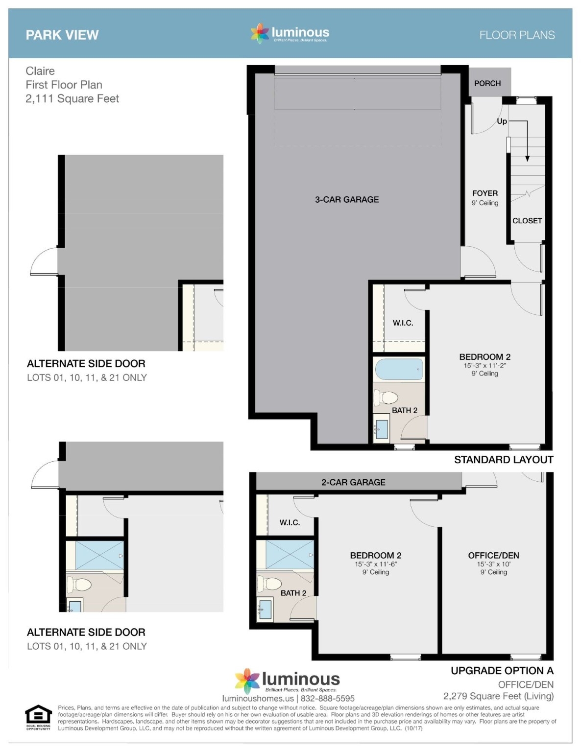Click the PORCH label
click(487, 83)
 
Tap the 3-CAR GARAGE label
click(347, 199)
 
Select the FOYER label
click(485, 193)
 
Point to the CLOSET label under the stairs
click(527, 220)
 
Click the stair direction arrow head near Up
click(527, 159)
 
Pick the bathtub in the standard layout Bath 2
click(399, 369)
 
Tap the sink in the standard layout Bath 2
click(382, 429)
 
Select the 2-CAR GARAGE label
click(353, 482)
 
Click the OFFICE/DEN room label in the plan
click(493, 556)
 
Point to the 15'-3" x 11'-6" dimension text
click(376, 564)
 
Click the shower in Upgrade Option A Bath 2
click(290, 555)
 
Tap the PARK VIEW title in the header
click(62, 35)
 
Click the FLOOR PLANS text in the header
click(517, 35)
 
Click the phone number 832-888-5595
click(327, 699)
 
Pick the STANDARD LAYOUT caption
click(504, 460)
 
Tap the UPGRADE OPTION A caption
click(502, 671)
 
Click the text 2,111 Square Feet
click(72, 98)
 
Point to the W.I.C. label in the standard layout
click(403, 323)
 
